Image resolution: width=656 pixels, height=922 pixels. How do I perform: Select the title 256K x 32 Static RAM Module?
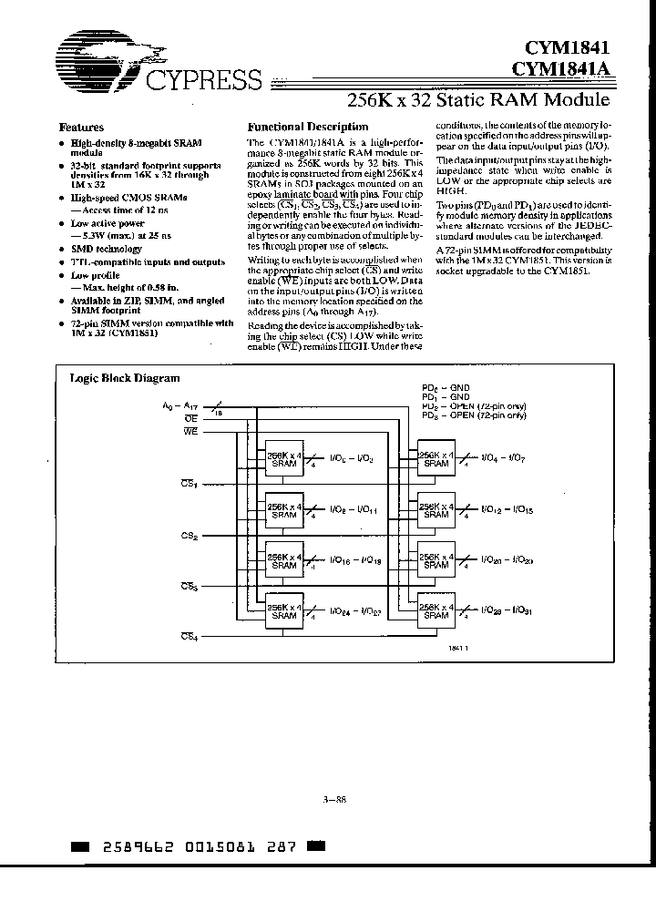[481, 99]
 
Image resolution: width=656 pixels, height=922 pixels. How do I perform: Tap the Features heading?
[81, 128]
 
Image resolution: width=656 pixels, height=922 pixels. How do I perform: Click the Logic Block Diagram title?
[125, 378]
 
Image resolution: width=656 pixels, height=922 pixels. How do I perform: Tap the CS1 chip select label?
[189, 482]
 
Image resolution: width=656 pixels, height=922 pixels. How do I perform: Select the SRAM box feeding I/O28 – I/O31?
[436, 610]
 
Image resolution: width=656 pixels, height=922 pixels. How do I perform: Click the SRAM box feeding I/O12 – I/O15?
[436, 509]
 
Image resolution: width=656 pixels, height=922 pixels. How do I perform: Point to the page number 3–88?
[334, 801]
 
